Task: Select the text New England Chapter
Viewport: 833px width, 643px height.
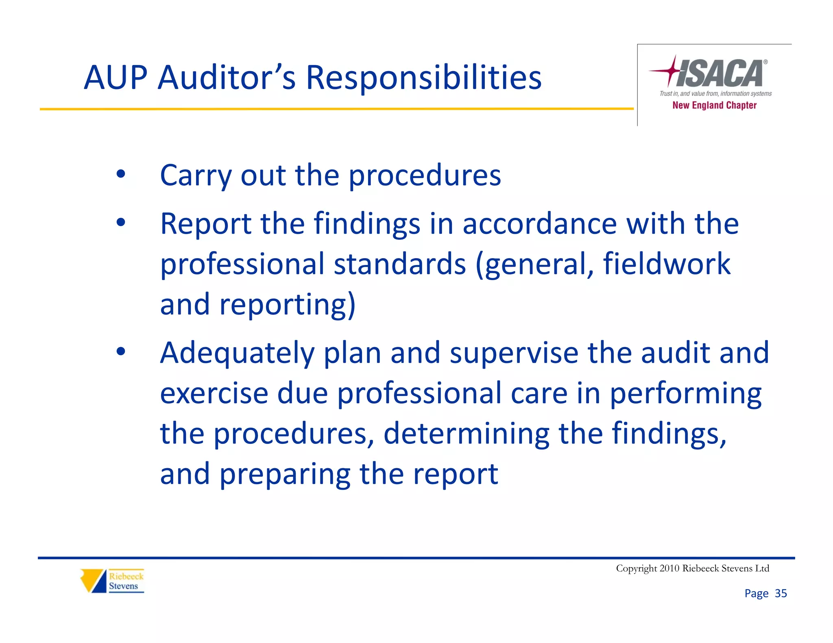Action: pos(714,105)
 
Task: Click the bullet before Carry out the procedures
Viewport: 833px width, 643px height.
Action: pos(121,174)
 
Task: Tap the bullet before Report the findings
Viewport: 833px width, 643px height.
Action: pos(121,222)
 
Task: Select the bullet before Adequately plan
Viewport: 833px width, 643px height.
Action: pos(121,351)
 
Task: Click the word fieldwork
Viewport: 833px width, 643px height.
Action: pos(667,264)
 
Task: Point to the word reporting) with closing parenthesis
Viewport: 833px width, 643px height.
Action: pos(288,305)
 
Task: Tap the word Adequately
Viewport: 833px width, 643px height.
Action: pos(237,353)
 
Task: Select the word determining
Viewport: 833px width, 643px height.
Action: pos(466,433)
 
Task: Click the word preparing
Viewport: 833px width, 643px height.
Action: pos(285,474)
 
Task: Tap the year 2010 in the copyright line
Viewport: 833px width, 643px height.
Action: pos(669,568)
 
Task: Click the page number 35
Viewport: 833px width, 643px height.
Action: pos(781,593)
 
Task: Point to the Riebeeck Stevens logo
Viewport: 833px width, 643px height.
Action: pos(112,581)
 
